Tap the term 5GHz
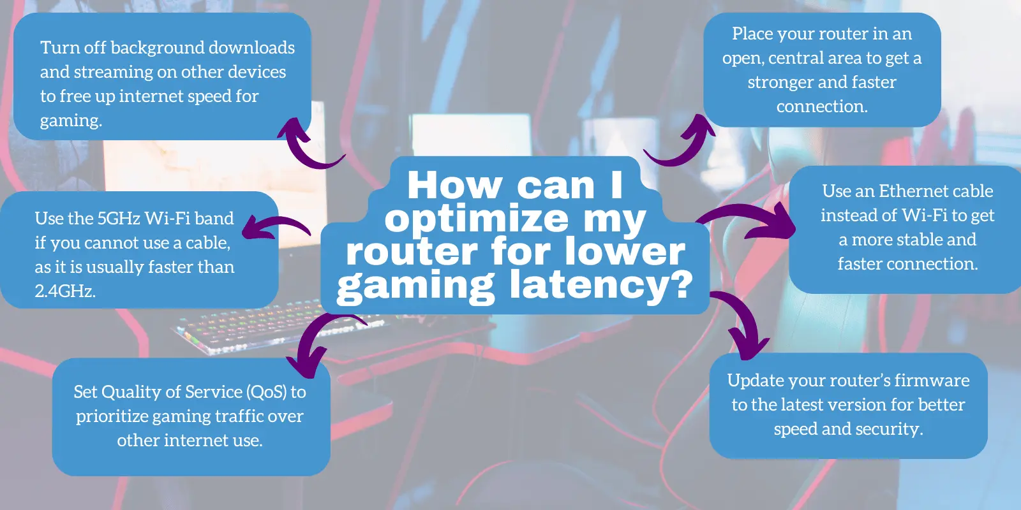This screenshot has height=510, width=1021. coord(118,219)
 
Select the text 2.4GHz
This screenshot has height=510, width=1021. coord(65,291)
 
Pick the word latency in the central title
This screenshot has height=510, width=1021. coord(600,284)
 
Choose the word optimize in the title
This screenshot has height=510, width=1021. coord(476,219)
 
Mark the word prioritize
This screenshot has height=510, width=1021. coord(112,416)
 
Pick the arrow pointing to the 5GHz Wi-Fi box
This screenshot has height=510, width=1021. coord(274,227)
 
